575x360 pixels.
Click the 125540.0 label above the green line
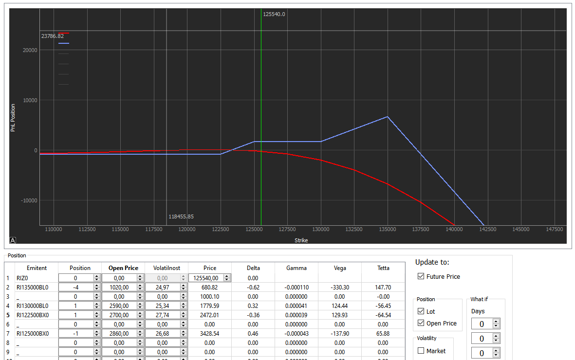(274, 14)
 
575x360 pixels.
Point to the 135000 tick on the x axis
(388, 229)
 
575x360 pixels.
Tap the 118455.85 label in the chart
(181, 216)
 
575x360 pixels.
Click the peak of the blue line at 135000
(388, 117)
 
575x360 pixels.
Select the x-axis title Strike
(301, 240)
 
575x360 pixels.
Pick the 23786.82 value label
(52, 36)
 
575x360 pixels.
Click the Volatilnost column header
(167, 268)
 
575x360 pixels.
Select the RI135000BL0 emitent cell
(33, 288)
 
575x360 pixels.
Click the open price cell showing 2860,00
(118, 334)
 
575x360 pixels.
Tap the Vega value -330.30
(340, 288)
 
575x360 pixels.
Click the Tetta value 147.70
(383, 288)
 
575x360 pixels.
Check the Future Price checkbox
(421, 276)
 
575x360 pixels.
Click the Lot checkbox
(421, 311)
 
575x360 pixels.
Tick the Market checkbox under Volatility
(421, 351)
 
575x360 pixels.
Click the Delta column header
(253, 268)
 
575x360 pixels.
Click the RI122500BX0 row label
(33, 315)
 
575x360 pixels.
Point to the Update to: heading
(432, 262)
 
